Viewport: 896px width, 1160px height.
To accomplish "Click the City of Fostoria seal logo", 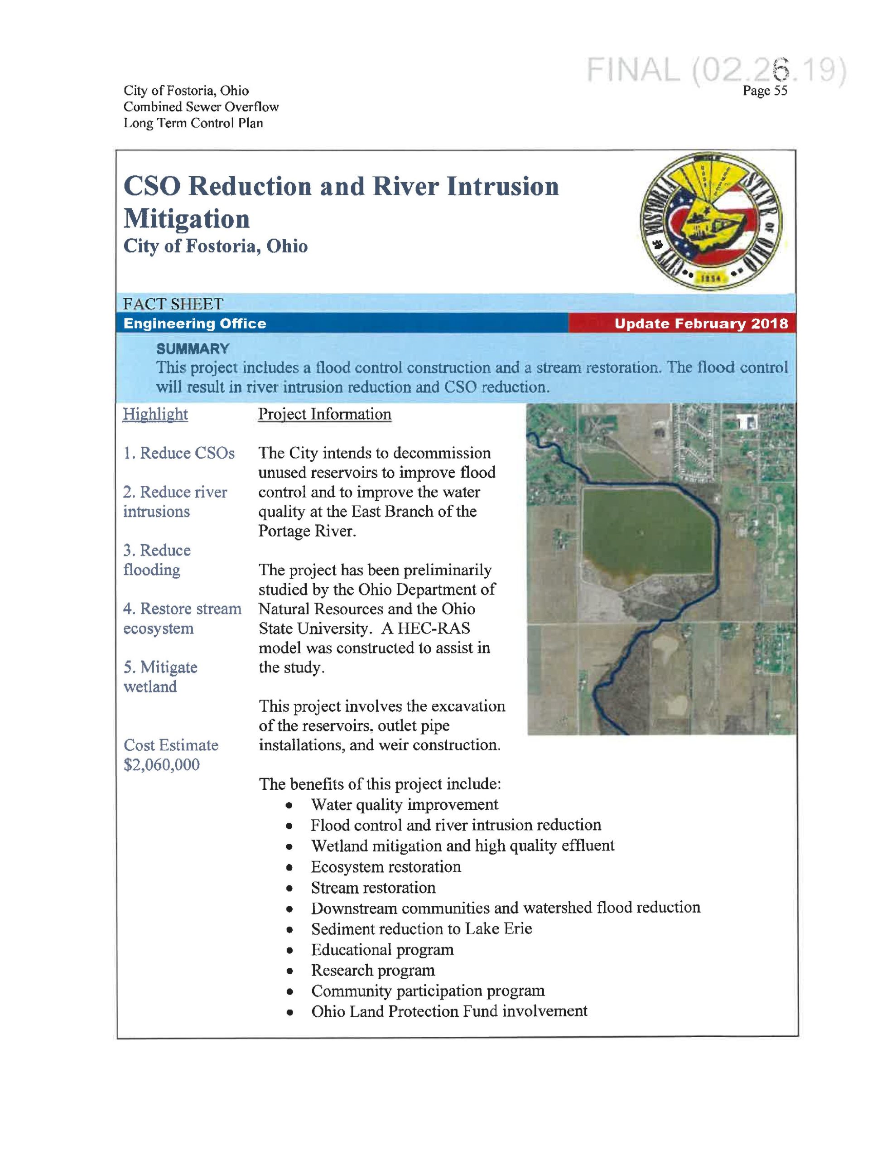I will pyautogui.click(x=711, y=222).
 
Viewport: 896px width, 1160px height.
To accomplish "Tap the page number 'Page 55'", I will pyautogui.click(x=765, y=91).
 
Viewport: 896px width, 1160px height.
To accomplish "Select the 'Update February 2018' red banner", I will pyautogui.click(x=701, y=324).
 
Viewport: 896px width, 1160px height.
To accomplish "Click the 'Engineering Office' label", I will pyautogui.click(x=194, y=324).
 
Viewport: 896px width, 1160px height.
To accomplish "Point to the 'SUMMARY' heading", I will pyautogui.click(x=192, y=349).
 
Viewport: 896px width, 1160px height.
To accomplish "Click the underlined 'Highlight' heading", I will pyautogui.click(x=155, y=414).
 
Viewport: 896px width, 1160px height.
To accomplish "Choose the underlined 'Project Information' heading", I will pyautogui.click(x=324, y=414).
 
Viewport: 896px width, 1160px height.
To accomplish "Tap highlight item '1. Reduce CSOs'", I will pyautogui.click(x=179, y=453).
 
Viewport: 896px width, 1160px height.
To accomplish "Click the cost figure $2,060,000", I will pyautogui.click(x=161, y=765).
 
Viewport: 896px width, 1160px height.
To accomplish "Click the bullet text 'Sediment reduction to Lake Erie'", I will pyautogui.click(x=421, y=928).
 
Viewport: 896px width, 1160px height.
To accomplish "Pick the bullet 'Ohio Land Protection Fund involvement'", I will pyautogui.click(x=449, y=1011).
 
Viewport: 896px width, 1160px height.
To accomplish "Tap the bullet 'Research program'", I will pyautogui.click(x=373, y=970).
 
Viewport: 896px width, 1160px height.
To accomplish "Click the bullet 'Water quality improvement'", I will pyautogui.click(x=404, y=805).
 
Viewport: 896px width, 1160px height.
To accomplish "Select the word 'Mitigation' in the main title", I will pyautogui.click(x=187, y=219).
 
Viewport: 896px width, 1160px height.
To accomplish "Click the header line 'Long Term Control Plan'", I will pyautogui.click(x=193, y=123).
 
